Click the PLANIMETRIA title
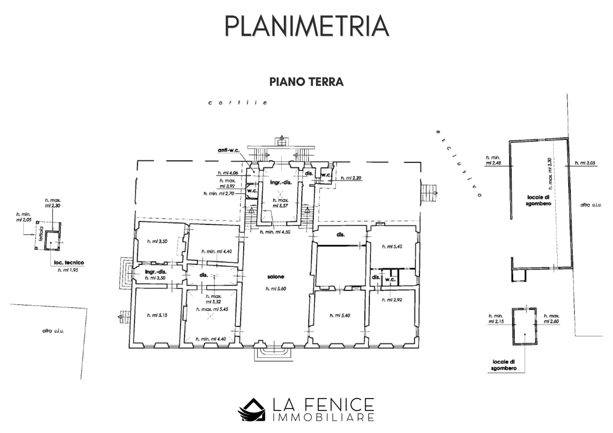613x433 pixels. click(306, 26)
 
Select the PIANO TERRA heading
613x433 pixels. click(306, 82)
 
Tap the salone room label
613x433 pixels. click(276, 277)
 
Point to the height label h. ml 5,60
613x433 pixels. click(276, 289)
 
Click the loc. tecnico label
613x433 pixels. click(69, 263)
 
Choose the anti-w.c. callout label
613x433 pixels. click(229, 150)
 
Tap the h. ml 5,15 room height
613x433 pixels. click(157, 315)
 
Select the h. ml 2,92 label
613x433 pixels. click(392, 300)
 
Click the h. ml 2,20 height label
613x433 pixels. click(351, 178)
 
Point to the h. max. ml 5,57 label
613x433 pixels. click(281, 203)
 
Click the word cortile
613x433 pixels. click(238, 103)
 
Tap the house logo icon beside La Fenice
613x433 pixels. click(252, 410)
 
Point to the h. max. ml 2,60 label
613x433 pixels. click(551, 318)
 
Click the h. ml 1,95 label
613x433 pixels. click(68, 270)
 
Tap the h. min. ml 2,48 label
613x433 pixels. click(493, 160)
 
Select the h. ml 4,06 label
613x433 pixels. click(228, 173)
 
